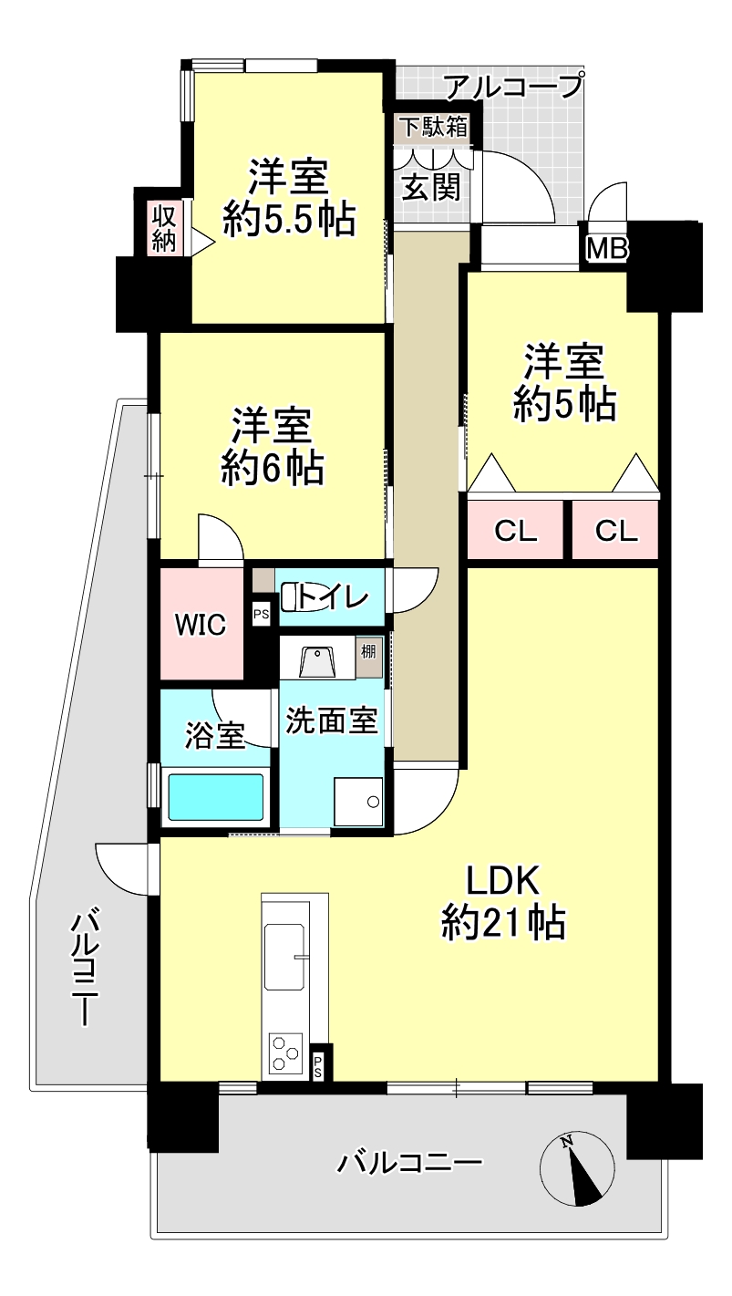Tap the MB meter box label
coord(607,249)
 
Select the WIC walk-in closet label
coord(201,625)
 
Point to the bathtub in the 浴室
coord(216,796)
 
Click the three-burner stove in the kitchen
coord(286,1053)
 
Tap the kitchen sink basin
coord(284,957)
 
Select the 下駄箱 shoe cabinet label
coord(435,127)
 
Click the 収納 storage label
coord(164,228)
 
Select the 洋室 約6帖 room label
coord(272,446)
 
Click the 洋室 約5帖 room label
coord(564,382)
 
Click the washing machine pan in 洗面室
coord(358,802)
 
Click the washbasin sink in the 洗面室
coord(317,661)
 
